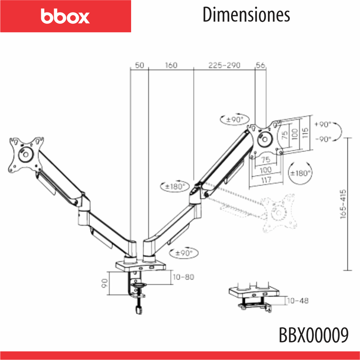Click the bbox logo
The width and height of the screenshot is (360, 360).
65,16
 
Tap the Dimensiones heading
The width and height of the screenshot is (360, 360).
246,15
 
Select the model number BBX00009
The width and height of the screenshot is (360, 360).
313,336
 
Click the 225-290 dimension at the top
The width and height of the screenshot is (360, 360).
225,65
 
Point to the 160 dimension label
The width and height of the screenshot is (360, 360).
171,65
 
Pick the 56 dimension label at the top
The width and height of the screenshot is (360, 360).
260,65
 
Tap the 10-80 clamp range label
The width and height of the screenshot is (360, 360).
183,277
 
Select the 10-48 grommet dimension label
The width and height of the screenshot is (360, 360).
297,301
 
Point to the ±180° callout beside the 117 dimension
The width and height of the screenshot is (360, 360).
301,173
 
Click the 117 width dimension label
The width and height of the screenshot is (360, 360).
266,180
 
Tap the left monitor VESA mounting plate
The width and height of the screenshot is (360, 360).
26,154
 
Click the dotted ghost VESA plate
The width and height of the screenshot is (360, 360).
279,211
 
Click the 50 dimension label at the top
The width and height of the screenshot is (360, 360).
139,65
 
